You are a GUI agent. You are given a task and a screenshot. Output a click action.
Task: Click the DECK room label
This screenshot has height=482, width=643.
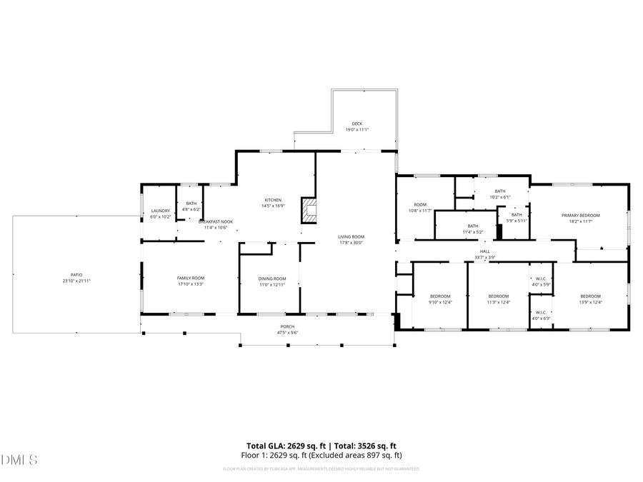tap(357, 124)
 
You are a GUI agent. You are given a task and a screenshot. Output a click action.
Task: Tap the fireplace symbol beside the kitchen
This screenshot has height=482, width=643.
tap(309, 210)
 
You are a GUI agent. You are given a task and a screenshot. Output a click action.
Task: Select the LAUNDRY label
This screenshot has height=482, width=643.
tap(160, 211)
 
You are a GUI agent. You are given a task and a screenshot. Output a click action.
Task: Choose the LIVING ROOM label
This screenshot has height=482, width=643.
tap(352, 236)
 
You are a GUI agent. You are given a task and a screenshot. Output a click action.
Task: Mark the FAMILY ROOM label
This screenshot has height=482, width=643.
tap(191, 278)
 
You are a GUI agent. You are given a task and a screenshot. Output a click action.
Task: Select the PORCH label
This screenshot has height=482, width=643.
tap(286, 327)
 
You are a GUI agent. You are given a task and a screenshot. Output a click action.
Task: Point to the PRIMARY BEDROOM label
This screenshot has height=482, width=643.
tap(580, 216)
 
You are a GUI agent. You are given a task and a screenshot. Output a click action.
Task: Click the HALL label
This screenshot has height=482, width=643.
tap(485, 251)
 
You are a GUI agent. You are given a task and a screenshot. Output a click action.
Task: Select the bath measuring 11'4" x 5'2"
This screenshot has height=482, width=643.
tap(473, 229)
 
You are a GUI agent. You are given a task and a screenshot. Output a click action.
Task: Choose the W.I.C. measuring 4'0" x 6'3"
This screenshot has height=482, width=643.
tap(541, 315)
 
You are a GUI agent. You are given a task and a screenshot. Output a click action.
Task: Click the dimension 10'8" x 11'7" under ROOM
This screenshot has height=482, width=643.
tap(419, 211)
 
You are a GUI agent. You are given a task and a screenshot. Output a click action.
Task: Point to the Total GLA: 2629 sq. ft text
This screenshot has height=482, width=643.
tap(284, 446)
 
